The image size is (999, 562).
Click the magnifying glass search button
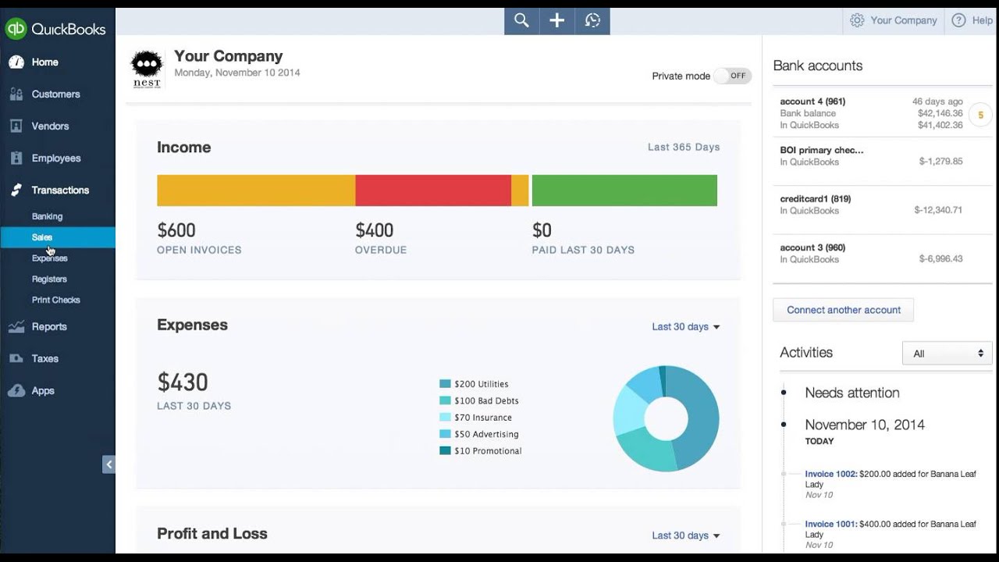click(x=521, y=20)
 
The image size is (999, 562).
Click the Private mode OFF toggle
click(x=732, y=76)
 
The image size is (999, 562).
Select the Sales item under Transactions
click(x=42, y=237)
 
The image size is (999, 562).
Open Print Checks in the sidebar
click(x=55, y=301)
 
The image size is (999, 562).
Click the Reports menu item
click(x=49, y=326)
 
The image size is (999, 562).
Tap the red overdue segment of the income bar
click(x=433, y=190)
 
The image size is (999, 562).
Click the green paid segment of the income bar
click(x=624, y=190)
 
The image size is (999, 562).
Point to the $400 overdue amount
click(x=374, y=230)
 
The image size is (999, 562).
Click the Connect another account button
click(x=843, y=310)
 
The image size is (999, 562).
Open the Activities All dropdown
click(x=947, y=354)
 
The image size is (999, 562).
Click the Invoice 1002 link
click(x=831, y=474)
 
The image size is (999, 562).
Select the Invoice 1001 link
click(x=831, y=524)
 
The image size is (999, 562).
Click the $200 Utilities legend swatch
click(x=445, y=383)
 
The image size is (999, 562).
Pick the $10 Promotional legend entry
click(x=480, y=451)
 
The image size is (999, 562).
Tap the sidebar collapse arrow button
click(x=108, y=464)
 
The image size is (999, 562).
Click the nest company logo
click(x=147, y=69)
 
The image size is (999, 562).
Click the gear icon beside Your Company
click(x=857, y=20)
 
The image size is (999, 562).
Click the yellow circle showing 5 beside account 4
click(x=980, y=115)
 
